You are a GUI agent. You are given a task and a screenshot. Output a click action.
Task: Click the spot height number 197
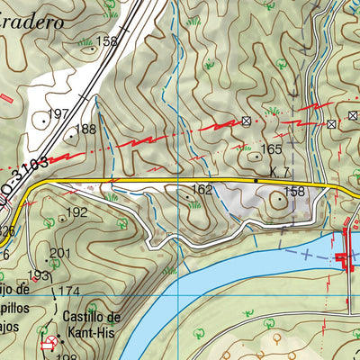pos(58,113)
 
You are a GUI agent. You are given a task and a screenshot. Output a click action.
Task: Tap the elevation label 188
pos(85,130)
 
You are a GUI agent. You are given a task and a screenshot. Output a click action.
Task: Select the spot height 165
pos(271,149)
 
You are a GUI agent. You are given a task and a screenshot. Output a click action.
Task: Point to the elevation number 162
pos(202,190)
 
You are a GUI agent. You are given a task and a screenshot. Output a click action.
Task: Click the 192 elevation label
pos(77,212)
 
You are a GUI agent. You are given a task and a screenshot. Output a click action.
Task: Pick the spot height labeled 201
pos(59,253)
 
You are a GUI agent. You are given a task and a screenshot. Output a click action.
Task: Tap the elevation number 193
pos(38,275)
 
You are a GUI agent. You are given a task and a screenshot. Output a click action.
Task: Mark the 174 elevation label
pos(70,291)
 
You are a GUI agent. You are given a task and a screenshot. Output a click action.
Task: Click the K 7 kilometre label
pos(278,172)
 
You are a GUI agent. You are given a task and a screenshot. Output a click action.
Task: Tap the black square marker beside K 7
pos(256,181)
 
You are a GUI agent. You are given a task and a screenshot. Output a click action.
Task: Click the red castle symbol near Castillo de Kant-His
pos(47,343)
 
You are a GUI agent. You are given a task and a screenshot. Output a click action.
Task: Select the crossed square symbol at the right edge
pos(330,123)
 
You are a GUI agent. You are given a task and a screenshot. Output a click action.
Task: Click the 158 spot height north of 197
pos(107,41)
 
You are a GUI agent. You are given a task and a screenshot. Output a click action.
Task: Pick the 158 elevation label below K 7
pos(294,192)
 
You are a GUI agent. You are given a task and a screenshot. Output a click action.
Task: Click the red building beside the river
pos(344,250)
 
